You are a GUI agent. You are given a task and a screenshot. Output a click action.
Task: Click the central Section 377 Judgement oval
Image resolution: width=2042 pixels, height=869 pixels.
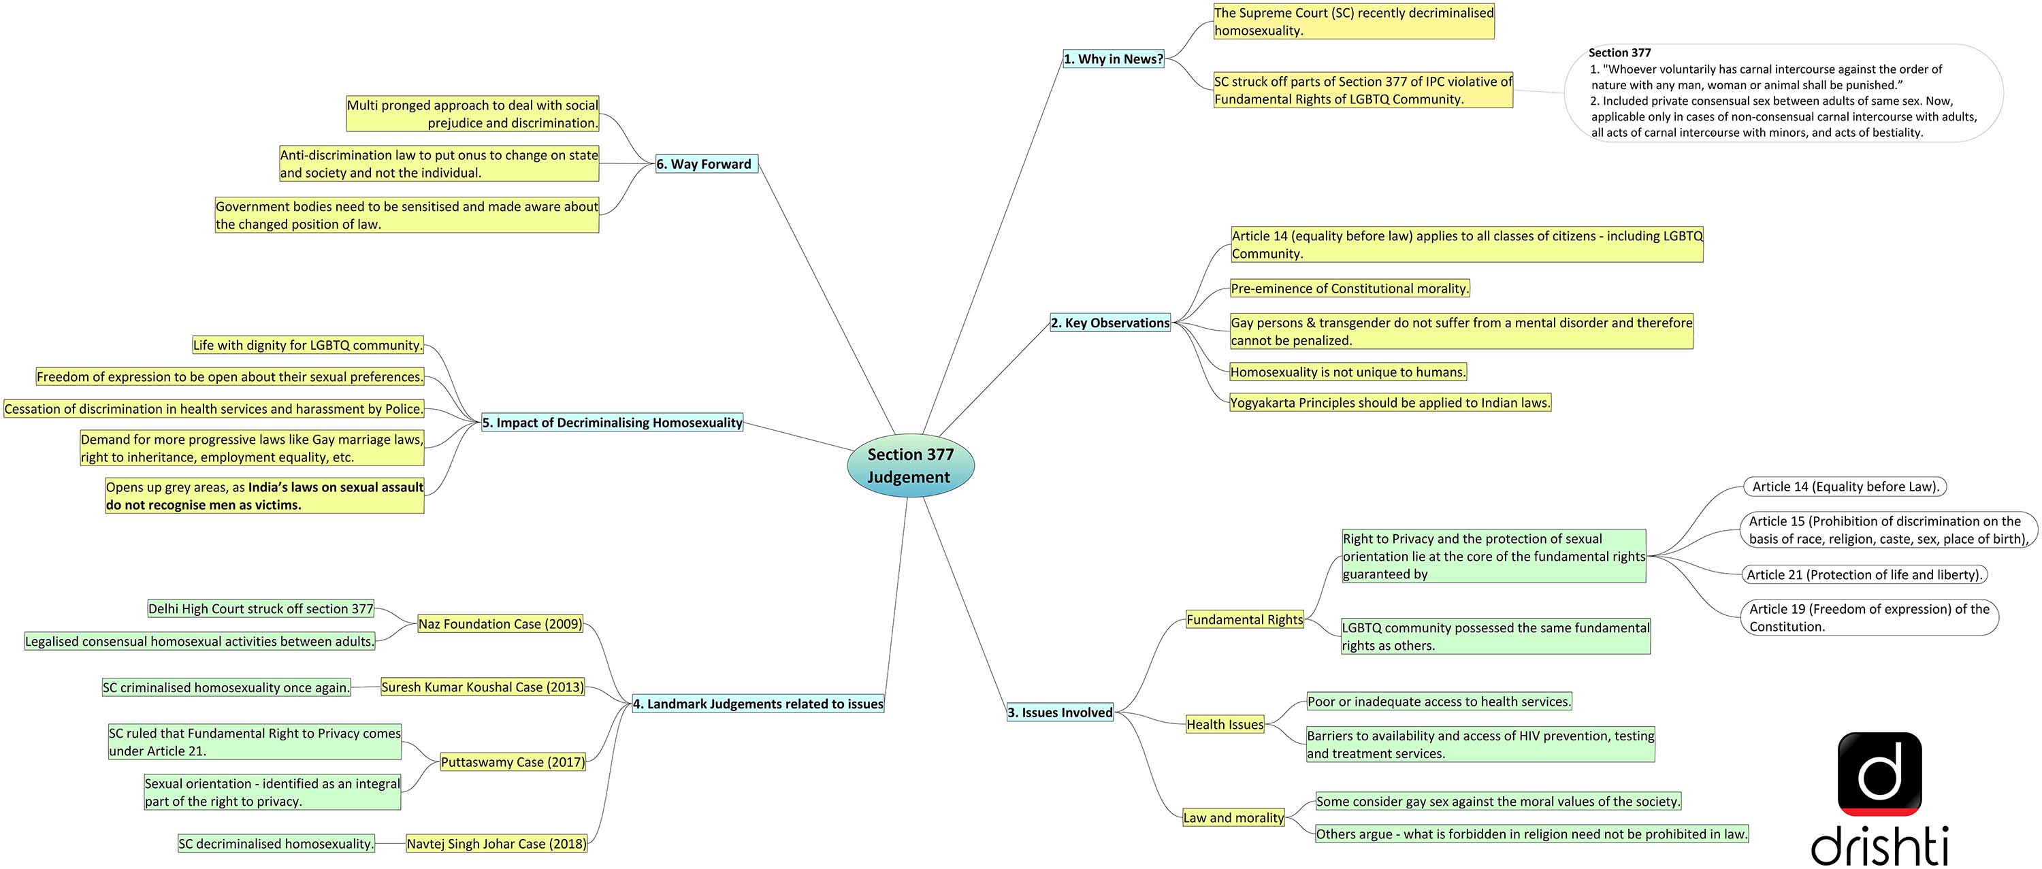point(910,465)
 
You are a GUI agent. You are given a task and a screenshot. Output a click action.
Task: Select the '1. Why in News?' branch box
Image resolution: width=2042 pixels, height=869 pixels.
point(1113,59)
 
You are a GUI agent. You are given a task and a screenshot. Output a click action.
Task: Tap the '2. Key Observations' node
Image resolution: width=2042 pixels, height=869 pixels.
point(1109,323)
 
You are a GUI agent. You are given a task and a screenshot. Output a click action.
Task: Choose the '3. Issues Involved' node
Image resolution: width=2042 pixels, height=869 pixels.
point(1060,713)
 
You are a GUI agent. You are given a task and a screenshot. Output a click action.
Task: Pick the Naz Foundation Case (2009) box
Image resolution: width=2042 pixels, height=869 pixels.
point(500,624)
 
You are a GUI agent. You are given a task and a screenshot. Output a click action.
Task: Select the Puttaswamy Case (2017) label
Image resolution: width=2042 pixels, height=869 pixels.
point(513,762)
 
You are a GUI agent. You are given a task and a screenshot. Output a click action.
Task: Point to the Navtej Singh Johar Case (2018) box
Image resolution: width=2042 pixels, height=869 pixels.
point(496,845)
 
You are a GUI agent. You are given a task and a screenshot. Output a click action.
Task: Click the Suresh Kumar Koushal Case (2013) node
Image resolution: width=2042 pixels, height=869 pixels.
point(482,687)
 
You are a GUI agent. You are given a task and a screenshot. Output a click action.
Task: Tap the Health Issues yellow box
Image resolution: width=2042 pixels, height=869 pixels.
point(1225,725)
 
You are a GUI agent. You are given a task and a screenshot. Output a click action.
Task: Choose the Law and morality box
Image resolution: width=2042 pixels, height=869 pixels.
point(1233,818)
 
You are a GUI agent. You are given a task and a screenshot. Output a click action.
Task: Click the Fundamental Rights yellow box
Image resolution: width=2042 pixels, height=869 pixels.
point(1244,620)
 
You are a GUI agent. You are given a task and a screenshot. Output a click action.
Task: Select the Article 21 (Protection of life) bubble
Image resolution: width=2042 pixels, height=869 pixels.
point(1864,575)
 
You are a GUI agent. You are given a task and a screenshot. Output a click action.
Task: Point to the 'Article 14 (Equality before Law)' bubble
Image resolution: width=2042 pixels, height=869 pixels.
point(1845,487)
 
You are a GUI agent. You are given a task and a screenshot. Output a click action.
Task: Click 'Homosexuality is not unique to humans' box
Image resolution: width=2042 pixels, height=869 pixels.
point(1348,372)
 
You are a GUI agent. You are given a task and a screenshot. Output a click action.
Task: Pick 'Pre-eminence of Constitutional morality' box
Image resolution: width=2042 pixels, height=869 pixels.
point(1349,289)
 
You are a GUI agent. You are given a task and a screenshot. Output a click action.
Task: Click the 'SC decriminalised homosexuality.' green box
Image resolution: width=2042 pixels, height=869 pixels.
point(276,845)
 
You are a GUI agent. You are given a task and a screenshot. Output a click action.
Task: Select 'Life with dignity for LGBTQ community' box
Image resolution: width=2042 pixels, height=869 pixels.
point(308,346)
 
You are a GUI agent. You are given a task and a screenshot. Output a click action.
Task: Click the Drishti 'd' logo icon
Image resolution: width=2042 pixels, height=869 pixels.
point(1879,774)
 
